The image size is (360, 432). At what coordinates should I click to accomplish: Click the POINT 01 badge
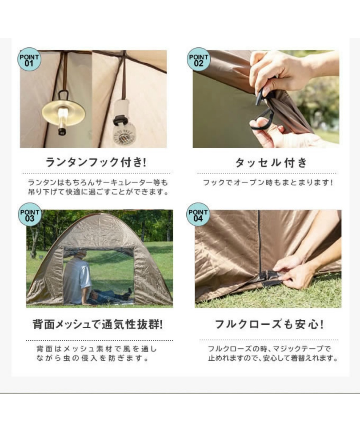29,59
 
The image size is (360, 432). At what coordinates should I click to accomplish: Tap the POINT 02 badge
198,59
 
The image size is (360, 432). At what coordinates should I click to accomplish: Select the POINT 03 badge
30,214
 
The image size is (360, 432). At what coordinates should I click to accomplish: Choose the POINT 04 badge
198,214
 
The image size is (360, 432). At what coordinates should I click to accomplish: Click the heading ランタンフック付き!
95,162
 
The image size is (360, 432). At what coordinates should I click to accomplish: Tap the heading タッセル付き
271,163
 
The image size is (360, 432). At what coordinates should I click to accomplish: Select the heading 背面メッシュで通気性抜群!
97,324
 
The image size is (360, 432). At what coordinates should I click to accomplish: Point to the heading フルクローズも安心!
269,324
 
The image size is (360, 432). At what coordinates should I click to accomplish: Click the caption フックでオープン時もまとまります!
268,182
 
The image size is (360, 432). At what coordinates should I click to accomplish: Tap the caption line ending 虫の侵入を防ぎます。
93,358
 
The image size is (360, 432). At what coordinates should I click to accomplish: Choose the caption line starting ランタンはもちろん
98,182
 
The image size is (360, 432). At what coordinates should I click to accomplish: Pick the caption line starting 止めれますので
273,358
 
